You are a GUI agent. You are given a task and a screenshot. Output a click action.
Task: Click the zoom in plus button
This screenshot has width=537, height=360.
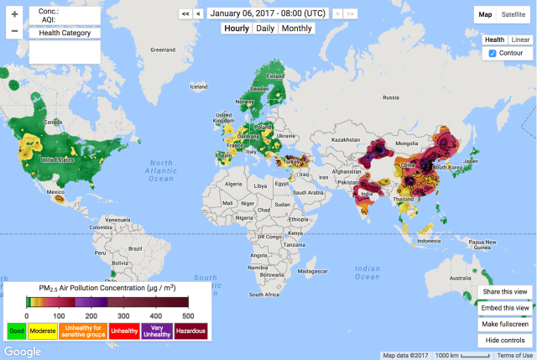click(14, 14)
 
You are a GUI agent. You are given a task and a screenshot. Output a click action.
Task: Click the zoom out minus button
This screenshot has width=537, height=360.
click(14, 32)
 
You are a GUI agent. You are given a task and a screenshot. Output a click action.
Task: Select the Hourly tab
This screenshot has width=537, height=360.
click(236, 29)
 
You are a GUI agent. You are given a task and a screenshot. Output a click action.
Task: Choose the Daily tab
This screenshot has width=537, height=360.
click(264, 29)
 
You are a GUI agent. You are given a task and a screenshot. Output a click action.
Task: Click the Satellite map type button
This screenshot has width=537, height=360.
click(514, 14)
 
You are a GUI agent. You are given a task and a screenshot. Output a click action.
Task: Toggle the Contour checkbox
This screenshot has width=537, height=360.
click(493, 53)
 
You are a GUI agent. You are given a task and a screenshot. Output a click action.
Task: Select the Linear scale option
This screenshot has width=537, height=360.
click(520, 39)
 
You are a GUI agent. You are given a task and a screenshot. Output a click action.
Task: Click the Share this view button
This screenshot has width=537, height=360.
click(504, 292)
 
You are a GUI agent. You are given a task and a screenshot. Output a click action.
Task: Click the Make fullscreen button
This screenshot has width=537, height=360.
click(504, 324)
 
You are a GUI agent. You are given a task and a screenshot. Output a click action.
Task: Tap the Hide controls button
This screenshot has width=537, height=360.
click(504, 340)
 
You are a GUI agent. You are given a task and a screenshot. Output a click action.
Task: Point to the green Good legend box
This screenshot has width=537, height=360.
click(17, 331)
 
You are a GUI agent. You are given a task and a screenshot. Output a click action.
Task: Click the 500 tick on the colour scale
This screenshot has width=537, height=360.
click(188, 316)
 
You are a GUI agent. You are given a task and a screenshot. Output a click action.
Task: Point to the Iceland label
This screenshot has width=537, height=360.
click(199, 86)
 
